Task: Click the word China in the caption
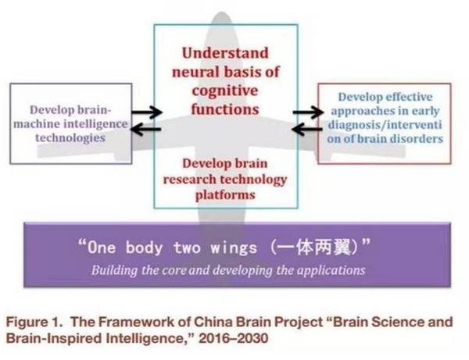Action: [x=218, y=322]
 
